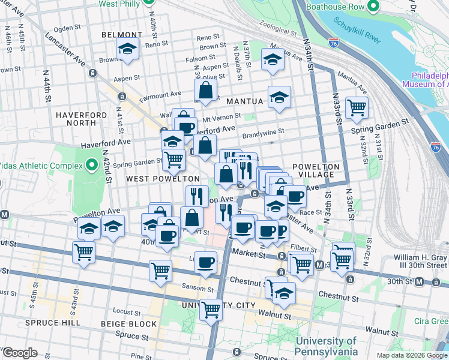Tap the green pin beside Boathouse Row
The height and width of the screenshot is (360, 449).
(x=374, y=7)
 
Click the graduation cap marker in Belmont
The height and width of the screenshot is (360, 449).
(x=128, y=49)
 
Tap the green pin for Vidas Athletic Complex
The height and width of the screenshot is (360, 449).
(x=91, y=164)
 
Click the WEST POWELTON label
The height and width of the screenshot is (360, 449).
(x=163, y=179)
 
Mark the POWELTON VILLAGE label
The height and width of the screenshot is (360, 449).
(x=316, y=170)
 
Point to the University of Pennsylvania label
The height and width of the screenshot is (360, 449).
(x=327, y=346)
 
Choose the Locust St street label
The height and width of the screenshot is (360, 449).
(x=127, y=312)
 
